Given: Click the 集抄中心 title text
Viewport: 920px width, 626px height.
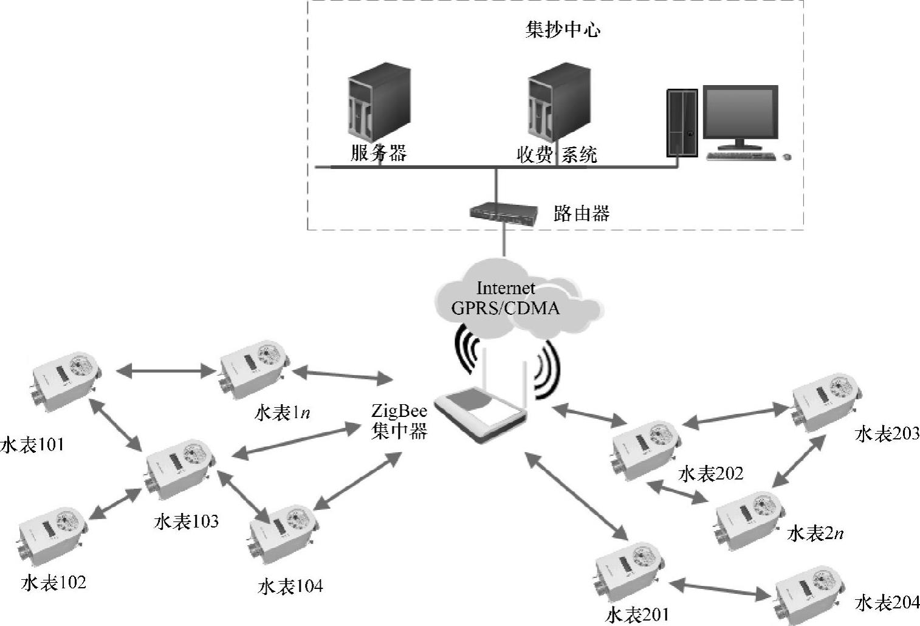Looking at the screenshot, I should [563, 30].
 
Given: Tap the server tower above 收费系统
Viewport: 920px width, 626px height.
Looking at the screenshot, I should [558, 102].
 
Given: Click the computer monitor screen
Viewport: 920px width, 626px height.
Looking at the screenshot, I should [740, 114].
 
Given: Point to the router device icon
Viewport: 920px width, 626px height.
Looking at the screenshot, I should [504, 213].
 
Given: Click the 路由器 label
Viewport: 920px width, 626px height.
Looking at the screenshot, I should [581, 213].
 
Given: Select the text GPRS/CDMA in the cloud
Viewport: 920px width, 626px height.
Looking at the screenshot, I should [505, 308].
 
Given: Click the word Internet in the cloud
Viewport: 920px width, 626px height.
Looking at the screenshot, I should [506, 287].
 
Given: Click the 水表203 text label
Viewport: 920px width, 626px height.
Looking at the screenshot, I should [887, 434].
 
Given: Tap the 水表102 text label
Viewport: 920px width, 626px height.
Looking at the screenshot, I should [53, 583].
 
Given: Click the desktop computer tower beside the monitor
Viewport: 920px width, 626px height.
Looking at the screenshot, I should [681, 123].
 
